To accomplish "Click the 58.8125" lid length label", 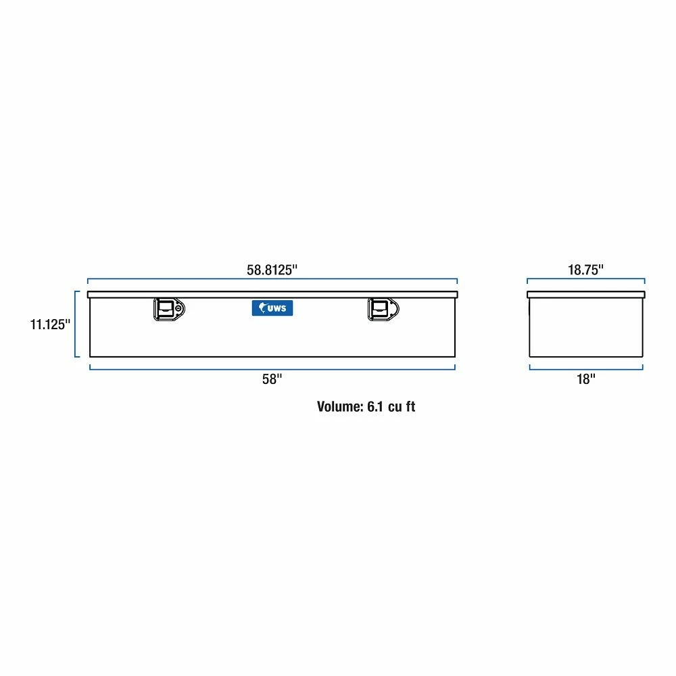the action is coord(272,270).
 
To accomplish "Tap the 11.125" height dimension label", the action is coord(50,324).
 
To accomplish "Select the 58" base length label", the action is coord(272,379).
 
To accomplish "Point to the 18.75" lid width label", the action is coord(585,270).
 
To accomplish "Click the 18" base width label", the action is coord(586,379).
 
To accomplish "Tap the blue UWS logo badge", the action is coord(272,308).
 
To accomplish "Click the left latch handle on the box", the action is coord(169,309).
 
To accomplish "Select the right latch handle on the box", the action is coord(383,309).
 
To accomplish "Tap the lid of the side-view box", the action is coord(586,295).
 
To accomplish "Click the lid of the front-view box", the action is coord(272,295).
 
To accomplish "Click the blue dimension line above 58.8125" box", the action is coord(272,279).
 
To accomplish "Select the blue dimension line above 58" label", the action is coord(272,369).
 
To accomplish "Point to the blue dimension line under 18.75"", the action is coord(586,279).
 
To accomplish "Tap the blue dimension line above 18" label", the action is coord(586,369).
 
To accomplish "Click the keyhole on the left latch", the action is coord(178,308).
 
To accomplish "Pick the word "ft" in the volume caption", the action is coord(410,406).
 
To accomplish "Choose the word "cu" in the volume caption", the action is coord(394,408).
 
